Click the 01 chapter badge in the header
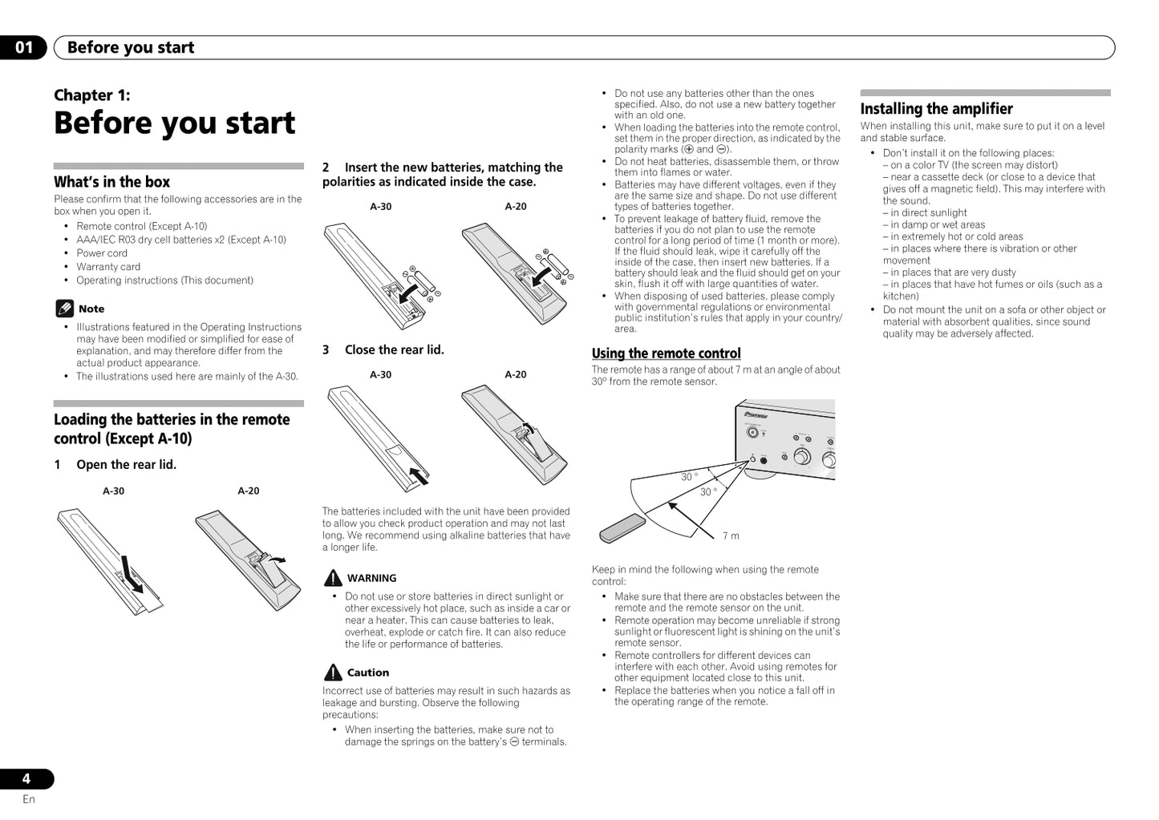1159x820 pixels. (24, 47)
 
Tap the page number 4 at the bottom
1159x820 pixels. (26, 778)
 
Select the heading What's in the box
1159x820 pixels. (111, 182)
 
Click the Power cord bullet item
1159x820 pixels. (102, 253)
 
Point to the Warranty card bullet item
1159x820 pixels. (108, 267)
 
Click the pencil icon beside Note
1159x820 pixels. (64, 309)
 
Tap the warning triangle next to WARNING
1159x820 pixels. (333, 578)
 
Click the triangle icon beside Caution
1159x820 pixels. (333, 673)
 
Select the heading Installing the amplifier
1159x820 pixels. (936, 109)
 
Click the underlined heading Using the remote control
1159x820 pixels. (666, 353)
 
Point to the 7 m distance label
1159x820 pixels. (730, 535)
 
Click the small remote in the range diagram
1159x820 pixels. (622, 527)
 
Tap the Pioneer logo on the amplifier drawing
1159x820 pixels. (756, 415)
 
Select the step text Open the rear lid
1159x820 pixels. (126, 465)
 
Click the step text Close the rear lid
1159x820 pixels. (394, 350)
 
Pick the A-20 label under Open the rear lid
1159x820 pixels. (248, 491)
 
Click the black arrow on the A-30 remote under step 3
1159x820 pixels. (418, 476)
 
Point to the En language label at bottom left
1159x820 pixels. (29, 799)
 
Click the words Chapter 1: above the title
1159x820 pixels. (91, 95)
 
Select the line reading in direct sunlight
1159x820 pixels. (928, 213)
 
